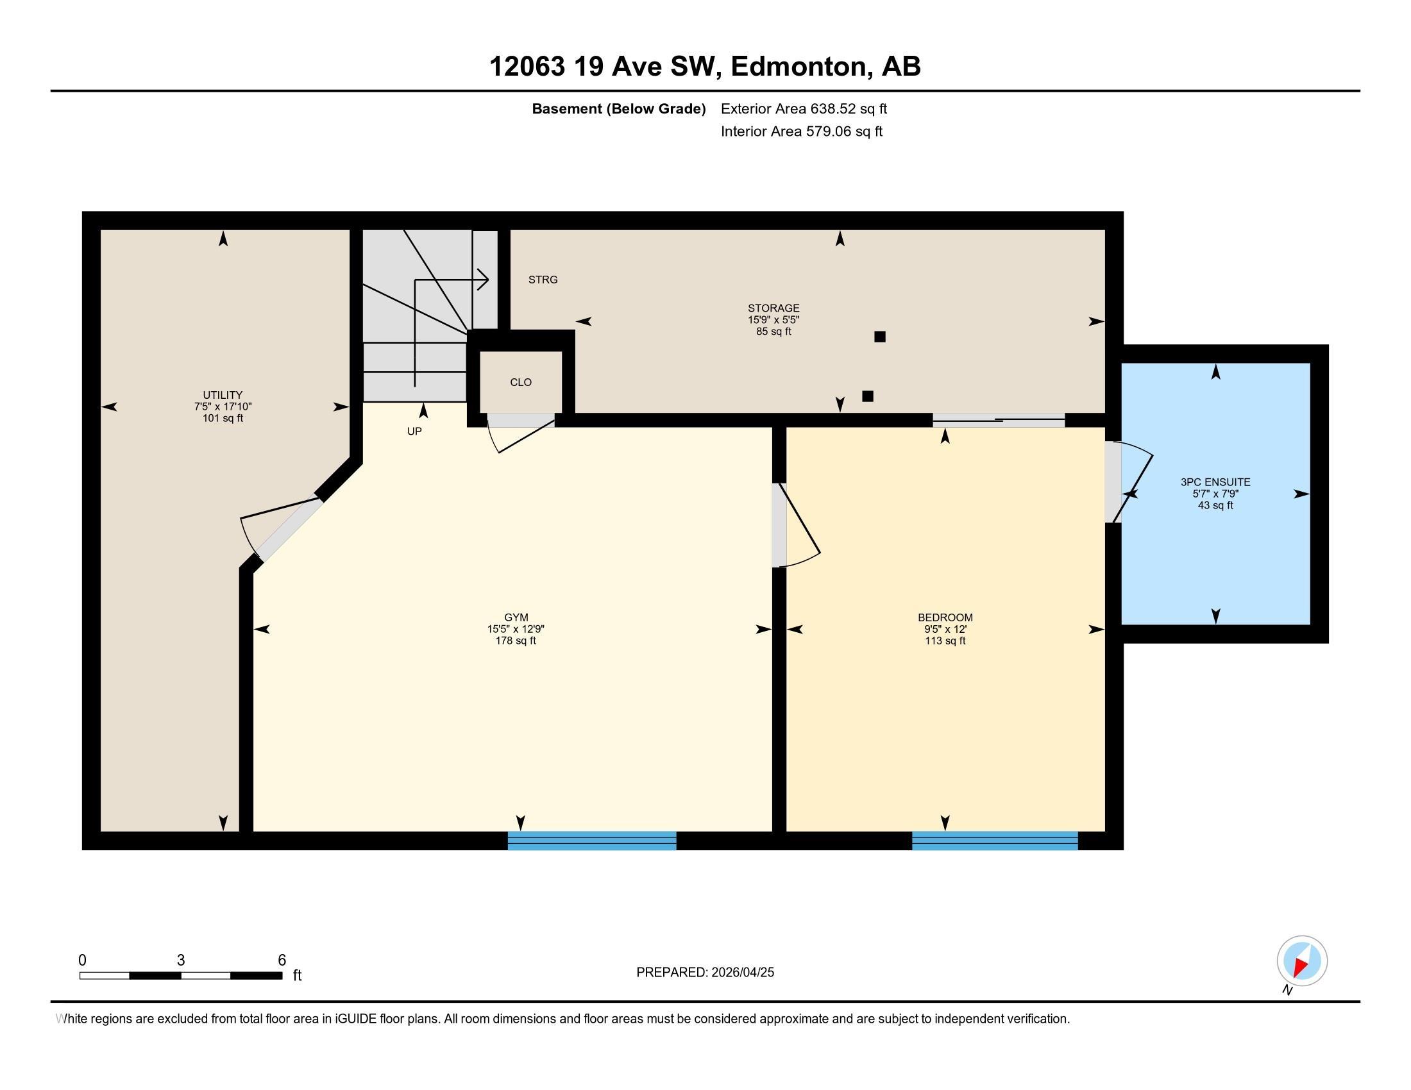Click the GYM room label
516,617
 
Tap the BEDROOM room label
945,617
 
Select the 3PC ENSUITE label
1215,482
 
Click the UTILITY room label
223,394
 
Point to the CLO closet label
521,382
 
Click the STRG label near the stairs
543,280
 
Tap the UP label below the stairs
414,432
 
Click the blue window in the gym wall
592,840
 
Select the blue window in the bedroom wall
995,840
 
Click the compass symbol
1302,960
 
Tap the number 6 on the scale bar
282,960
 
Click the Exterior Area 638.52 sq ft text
804,108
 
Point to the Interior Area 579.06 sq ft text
801,131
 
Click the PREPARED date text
705,972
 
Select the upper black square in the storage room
879,337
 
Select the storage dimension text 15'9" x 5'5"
773,320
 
